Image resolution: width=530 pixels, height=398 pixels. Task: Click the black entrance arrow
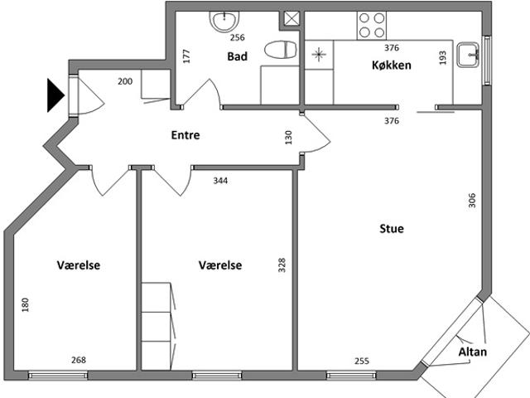[x=55, y=95]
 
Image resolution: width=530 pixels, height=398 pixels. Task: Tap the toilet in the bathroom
[x=280, y=50]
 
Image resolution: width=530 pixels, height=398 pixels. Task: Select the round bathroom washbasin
[x=224, y=22]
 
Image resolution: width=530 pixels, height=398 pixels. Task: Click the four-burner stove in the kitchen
[x=372, y=26]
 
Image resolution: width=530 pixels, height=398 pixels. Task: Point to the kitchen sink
[x=468, y=55]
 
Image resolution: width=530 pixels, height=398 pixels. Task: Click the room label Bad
[x=238, y=56]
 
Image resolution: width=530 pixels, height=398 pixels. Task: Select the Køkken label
[x=392, y=65]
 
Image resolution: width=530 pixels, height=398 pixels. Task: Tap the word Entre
[x=185, y=135]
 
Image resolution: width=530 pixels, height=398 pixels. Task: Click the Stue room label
[x=392, y=229]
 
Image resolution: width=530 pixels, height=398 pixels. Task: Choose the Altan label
[x=473, y=352]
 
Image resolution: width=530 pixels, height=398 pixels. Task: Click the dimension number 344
[x=220, y=181]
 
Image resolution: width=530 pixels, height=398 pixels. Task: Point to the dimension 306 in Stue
[x=472, y=201]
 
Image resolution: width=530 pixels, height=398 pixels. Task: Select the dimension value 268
[x=79, y=360]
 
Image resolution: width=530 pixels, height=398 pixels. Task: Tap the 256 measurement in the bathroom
[x=238, y=37]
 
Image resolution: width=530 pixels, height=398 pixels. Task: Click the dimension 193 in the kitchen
[x=442, y=58]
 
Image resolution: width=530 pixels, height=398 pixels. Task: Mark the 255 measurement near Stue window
[x=362, y=362]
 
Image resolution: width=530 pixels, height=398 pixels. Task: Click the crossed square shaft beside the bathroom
[x=291, y=18]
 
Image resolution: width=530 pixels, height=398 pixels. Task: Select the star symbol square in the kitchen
[x=319, y=55]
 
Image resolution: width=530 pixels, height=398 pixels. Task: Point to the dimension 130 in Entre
[x=288, y=138]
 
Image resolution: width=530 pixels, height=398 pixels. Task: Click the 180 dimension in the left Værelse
[x=25, y=305]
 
